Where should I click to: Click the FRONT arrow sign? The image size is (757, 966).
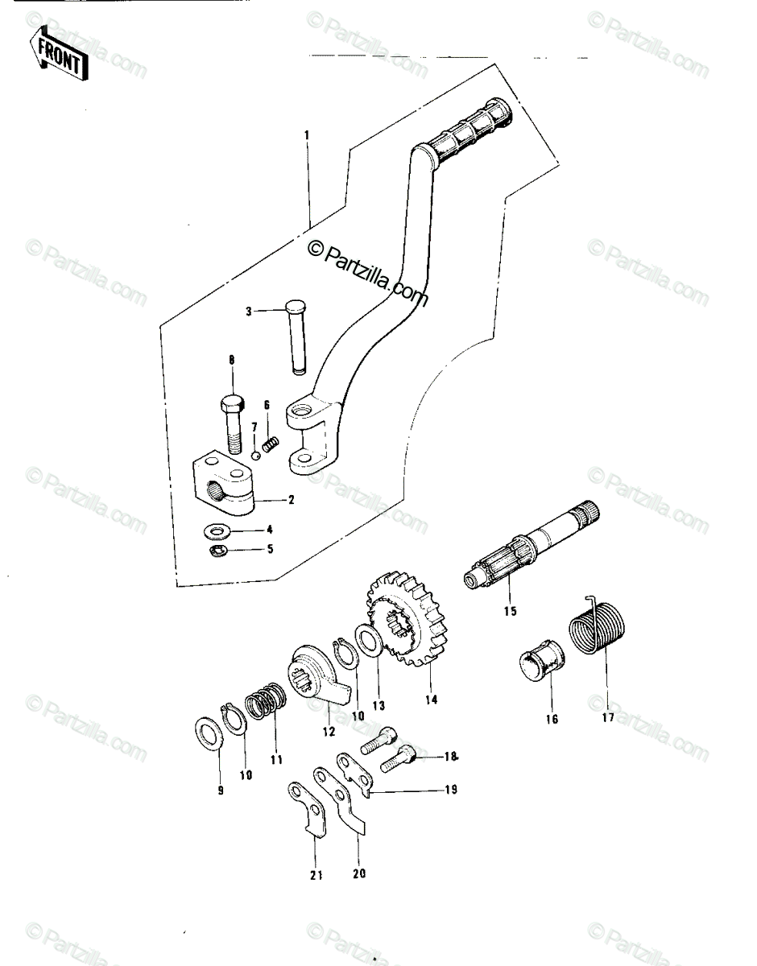click(x=59, y=56)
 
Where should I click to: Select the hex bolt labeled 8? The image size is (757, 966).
click(x=232, y=424)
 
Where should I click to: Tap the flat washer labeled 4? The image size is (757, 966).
click(x=217, y=530)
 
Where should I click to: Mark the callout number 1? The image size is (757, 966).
click(x=306, y=134)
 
